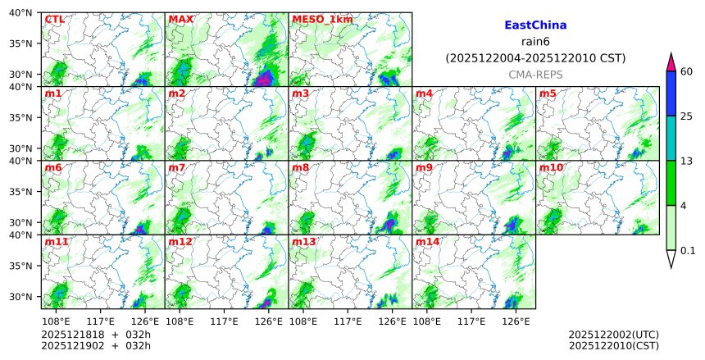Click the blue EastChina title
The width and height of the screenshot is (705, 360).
point(535,25)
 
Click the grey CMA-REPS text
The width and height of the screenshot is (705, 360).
point(535,74)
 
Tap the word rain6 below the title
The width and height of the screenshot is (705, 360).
point(535,42)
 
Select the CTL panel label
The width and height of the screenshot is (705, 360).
point(54,19)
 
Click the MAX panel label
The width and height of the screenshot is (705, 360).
point(180,19)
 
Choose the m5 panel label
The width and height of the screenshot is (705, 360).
point(548,93)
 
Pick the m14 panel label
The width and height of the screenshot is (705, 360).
point(427,242)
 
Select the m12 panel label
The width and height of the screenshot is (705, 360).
point(180,242)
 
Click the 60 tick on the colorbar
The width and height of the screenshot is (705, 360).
point(687,71)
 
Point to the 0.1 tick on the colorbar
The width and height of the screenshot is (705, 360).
point(688,251)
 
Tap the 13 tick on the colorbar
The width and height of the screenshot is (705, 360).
point(687,161)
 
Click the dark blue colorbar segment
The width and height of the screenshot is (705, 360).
point(671,93)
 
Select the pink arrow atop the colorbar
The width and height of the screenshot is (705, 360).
point(671,62)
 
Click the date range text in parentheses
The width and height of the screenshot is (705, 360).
point(535,58)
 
